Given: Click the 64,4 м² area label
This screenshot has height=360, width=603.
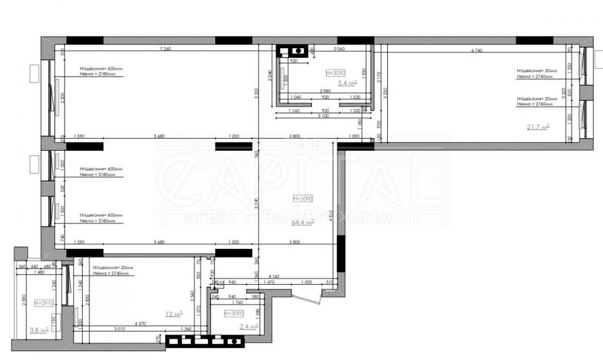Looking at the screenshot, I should pos(303,223).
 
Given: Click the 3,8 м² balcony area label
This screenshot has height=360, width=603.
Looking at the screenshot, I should pos(39,329).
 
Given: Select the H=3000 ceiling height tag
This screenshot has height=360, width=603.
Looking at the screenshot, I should pos(303,198).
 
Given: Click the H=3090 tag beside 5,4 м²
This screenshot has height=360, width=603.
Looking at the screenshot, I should pos(336,73).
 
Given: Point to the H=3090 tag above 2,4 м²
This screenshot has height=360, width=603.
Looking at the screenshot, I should pos(233,314).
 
